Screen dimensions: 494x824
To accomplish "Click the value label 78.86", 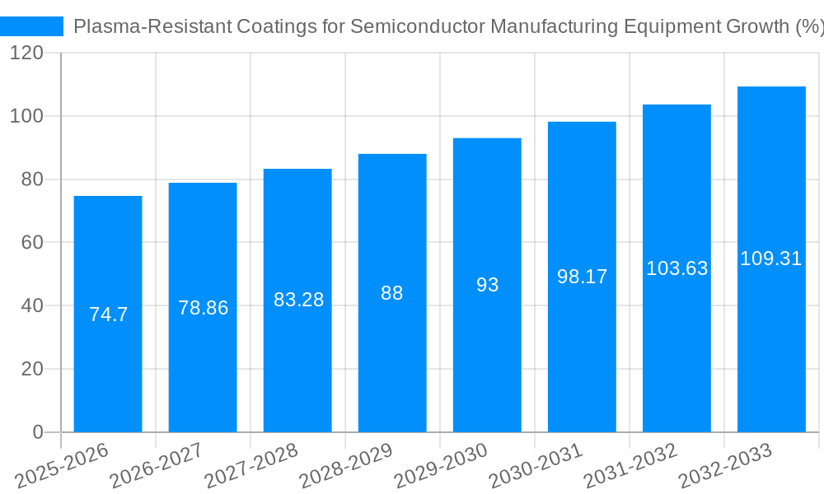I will click(203, 308).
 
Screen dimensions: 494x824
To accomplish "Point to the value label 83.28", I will click(298, 300).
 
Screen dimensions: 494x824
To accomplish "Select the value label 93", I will click(487, 285).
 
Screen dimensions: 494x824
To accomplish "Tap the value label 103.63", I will click(677, 268).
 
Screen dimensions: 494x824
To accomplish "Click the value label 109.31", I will click(770, 259).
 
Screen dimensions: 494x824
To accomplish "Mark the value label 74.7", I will click(108, 315).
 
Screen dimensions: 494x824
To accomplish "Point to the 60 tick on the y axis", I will click(32, 243).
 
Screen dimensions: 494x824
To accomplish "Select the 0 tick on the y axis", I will click(38, 432).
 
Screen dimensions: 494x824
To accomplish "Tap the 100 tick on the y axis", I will click(27, 116).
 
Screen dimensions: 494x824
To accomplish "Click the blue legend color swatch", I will click(32, 26).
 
